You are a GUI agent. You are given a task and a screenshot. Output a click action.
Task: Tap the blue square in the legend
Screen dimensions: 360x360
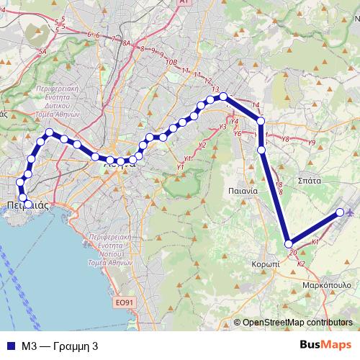[x=9, y=346]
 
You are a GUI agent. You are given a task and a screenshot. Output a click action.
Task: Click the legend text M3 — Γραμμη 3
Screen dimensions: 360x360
[x=59, y=346]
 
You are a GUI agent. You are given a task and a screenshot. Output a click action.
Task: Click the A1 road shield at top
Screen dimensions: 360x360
[x=183, y=3]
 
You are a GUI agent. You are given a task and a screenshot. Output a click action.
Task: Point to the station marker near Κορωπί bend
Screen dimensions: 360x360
[x=289, y=244]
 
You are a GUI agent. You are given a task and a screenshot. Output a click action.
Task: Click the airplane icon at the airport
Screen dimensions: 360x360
[x=351, y=212]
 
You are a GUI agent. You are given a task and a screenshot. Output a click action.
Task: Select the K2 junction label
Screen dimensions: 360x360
[x=301, y=264]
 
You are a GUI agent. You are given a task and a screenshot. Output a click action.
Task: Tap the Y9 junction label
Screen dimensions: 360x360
[x=311, y=143]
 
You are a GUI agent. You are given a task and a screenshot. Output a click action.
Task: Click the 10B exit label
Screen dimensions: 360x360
[x=171, y=63]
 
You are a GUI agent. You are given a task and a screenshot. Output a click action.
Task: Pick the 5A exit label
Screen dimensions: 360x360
[x=42, y=52]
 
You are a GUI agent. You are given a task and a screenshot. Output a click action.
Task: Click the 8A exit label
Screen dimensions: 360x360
[x=127, y=43]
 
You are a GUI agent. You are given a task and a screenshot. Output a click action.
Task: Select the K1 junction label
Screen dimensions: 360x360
[x=314, y=243]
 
